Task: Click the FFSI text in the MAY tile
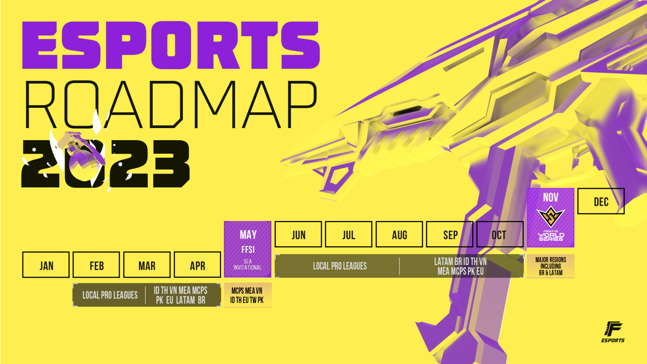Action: coord(248,249)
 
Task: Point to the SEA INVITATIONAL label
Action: coord(248,265)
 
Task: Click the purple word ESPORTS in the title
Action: coord(171,45)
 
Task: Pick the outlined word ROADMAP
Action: coord(171,105)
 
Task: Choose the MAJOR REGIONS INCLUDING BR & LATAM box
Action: coord(550,266)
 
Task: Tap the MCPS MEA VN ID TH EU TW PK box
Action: coord(248,295)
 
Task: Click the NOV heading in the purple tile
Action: coord(550,198)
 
